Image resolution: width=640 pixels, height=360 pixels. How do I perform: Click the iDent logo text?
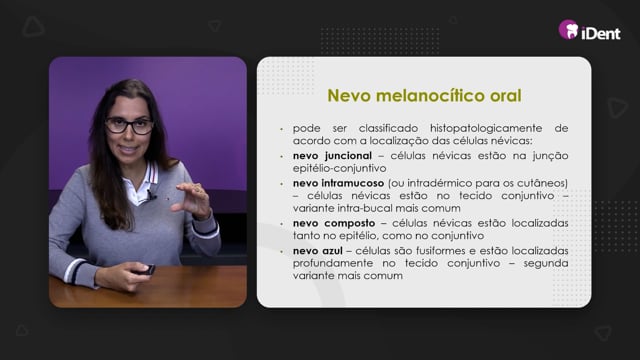tap(600, 33)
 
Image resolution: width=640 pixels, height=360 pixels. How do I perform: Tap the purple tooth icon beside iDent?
tap(569, 29)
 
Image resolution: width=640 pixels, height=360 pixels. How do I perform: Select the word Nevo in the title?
tap(349, 96)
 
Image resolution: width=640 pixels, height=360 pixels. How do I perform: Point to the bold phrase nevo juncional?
tap(332, 156)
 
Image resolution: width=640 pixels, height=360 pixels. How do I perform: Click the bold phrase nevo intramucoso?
tap(338, 183)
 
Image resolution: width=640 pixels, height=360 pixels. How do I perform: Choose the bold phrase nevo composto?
tap(334, 223)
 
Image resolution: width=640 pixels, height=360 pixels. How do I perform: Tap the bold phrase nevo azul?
tap(318, 251)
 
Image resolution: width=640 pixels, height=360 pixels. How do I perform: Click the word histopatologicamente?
tap(486, 129)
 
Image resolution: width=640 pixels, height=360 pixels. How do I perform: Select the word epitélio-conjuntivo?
tap(340, 169)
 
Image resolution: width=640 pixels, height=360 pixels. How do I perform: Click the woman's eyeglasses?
tap(129, 126)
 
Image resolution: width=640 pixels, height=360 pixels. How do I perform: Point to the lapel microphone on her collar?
tap(152, 195)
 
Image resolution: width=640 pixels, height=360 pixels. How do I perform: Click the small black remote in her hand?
tap(146, 270)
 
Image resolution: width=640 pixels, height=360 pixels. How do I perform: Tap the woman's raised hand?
tap(192, 200)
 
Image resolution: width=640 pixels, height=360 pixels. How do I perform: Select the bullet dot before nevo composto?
tap(281, 224)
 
